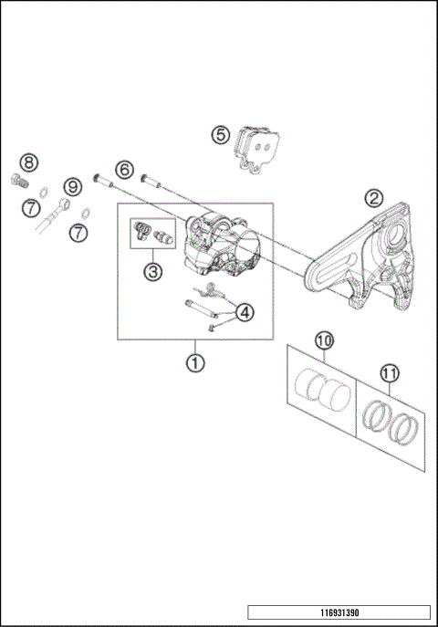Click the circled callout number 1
(193, 362)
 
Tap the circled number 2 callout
(373, 198)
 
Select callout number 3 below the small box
(152, 271)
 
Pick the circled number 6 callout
(124, 168)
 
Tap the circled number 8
(29, 162)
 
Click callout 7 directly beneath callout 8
(31, 208)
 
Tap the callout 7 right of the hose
(79, 233)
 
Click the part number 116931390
(338, 611)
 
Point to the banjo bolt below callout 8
(16, 179)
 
